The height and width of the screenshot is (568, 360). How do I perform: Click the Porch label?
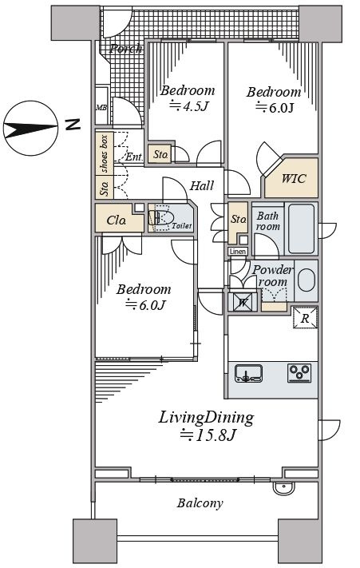[125, 49]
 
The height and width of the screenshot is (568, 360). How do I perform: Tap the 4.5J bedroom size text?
[190, 106]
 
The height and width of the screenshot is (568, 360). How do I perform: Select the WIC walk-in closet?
[291, 177]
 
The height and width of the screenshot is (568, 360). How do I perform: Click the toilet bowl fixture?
[162, 218]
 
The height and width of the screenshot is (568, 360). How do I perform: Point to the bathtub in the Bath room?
[301, 228]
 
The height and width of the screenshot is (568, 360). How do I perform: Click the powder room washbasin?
[306, 280]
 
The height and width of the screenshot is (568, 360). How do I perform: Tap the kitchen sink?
[248, 373]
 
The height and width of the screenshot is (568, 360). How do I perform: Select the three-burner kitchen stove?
[299, 373]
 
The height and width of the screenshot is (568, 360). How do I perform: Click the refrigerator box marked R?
[305, 318]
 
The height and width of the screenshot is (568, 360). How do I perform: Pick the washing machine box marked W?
[243, 302]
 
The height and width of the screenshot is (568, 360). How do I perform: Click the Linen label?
[238, 251]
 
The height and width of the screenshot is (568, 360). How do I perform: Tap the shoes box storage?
[105, 153]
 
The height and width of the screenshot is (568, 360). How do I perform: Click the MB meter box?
[101, 107]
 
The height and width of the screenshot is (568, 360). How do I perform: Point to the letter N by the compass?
[73, 125]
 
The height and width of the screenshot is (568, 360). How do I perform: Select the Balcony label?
[200, 502]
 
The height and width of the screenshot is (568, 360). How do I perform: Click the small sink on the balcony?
[284, 488]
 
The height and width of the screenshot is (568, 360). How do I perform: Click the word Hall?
[202, 186]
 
